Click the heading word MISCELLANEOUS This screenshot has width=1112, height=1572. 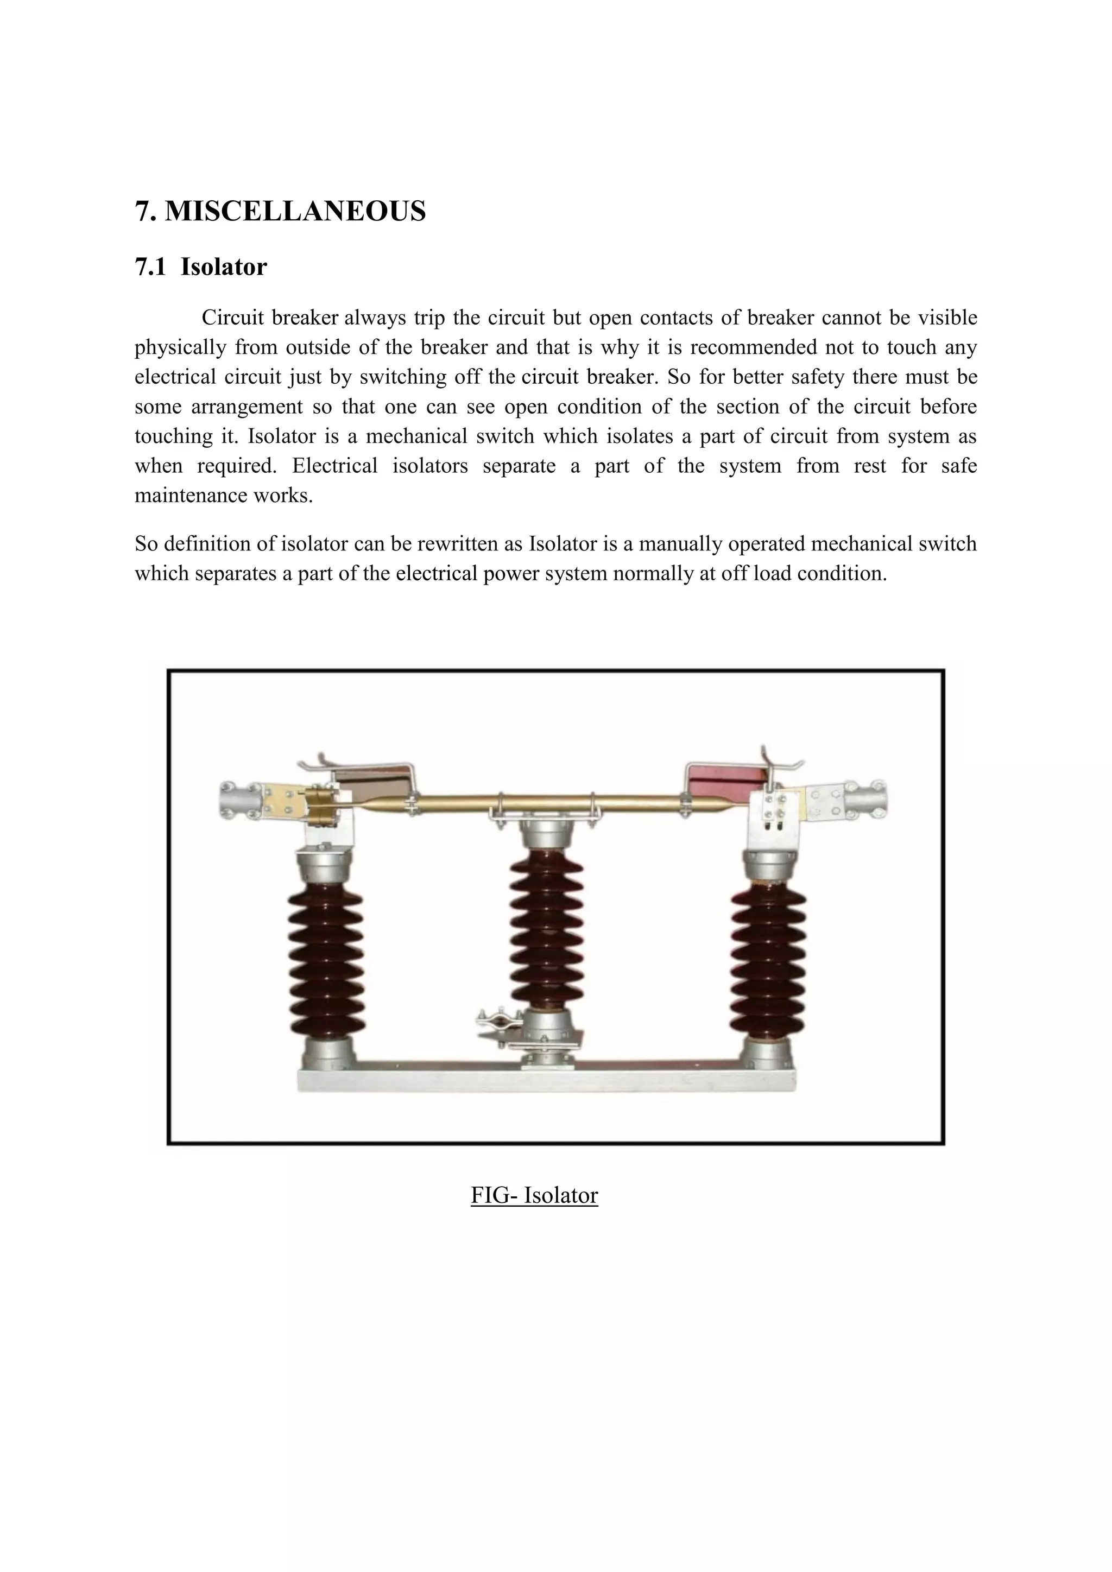point(295,212)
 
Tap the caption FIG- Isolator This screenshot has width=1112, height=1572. point(534,1195)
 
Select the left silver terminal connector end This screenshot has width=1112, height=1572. point(242,800)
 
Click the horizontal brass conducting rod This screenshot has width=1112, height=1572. point(548,802)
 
